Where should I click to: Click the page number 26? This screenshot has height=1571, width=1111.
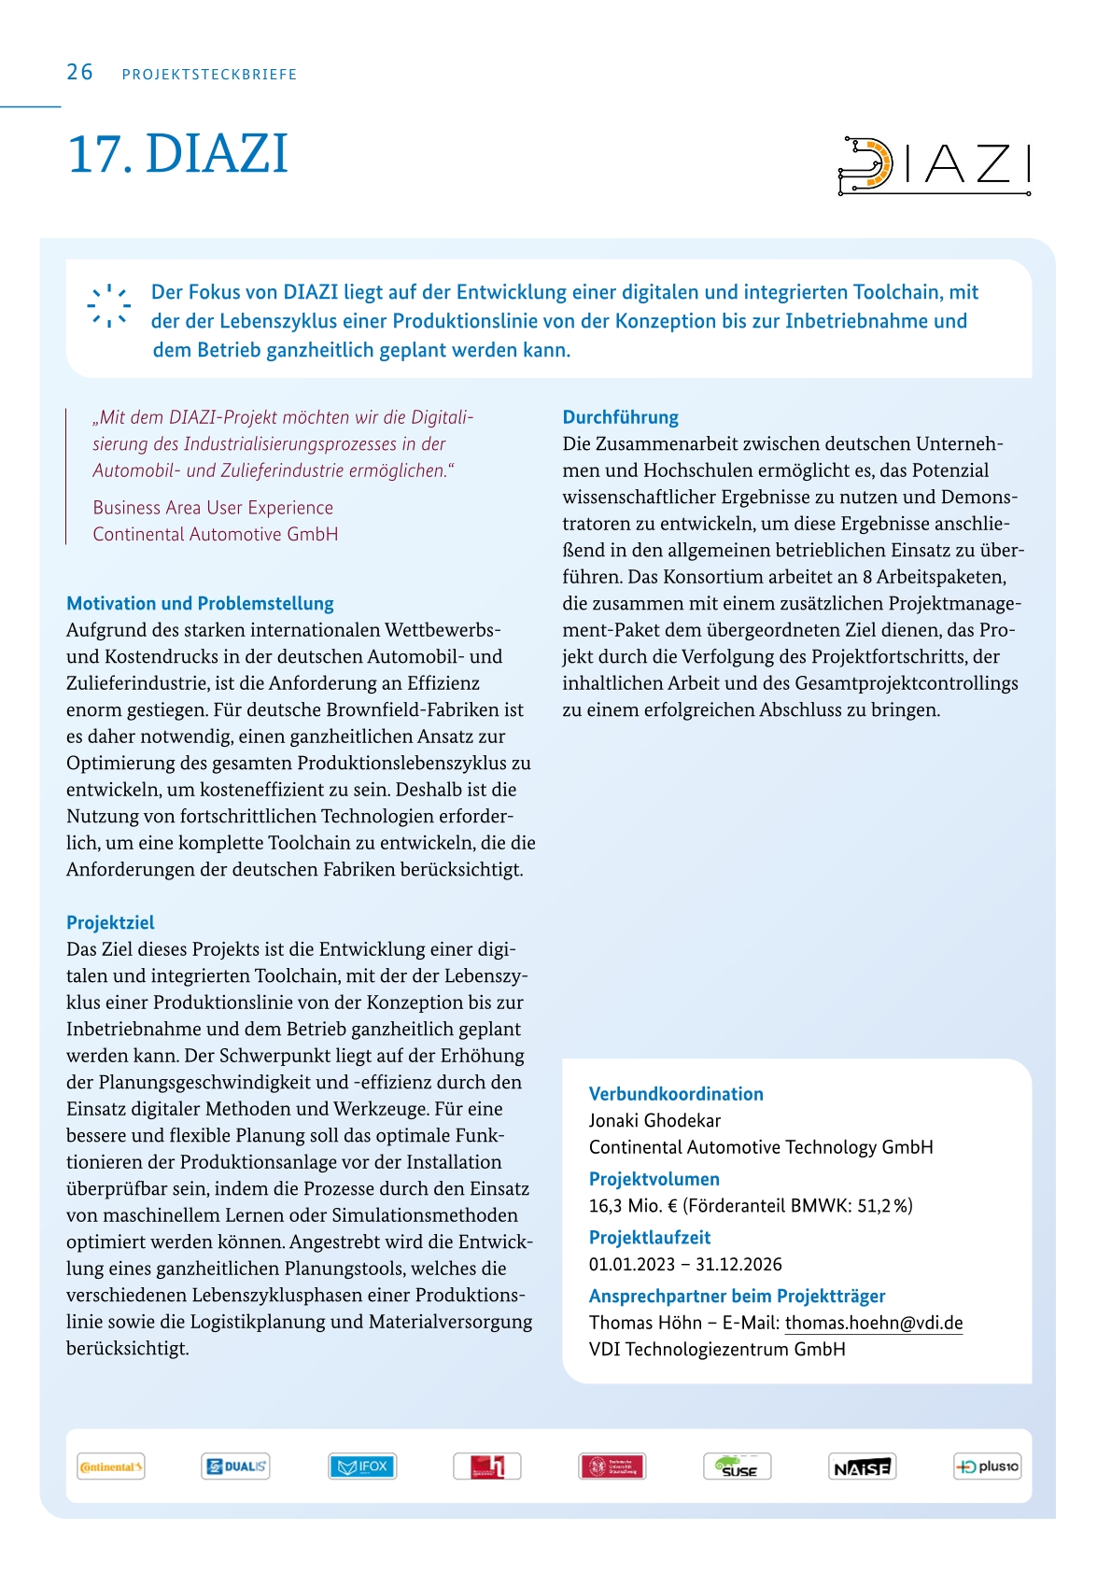click(x=79, y=73)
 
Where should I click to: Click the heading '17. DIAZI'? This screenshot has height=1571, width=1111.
click(x=177, y=154)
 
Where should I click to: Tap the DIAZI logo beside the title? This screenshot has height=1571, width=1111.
click(x=934, y=165)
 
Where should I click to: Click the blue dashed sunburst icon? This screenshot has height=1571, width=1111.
click(x=108, y=305)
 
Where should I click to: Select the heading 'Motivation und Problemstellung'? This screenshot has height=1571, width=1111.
click(x=200, y=604)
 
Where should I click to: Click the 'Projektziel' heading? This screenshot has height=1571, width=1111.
click(x=110, y=923)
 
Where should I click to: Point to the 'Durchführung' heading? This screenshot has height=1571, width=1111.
click(x=620, y=417)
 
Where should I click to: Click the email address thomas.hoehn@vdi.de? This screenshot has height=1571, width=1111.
click(x=873, y=1323)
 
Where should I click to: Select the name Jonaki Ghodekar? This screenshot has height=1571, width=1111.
click(x=654, y=1120)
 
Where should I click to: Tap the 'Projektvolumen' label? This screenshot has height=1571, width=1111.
click(x=654, y=1179)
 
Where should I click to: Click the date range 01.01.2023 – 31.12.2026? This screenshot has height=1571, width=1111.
click(x=685, y=1265)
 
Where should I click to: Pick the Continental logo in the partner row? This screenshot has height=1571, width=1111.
click(x=111, y=1466)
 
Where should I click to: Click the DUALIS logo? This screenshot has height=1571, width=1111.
click(x=235, y=1466)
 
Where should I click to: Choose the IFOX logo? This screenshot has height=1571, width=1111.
click(x=362, y=1466)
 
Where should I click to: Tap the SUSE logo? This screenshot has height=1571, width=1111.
click(x=737, y=1466)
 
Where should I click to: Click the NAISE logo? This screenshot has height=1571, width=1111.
click(x=862, y=1466)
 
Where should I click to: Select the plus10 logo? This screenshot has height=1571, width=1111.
click(x=987, y=1466)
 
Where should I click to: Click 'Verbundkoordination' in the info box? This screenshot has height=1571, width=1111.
click(x=676, y=1094)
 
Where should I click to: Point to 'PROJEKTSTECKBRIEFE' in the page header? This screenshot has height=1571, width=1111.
click(x=209, y=75)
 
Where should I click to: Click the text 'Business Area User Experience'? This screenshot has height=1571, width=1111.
click(x=213, y=508)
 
